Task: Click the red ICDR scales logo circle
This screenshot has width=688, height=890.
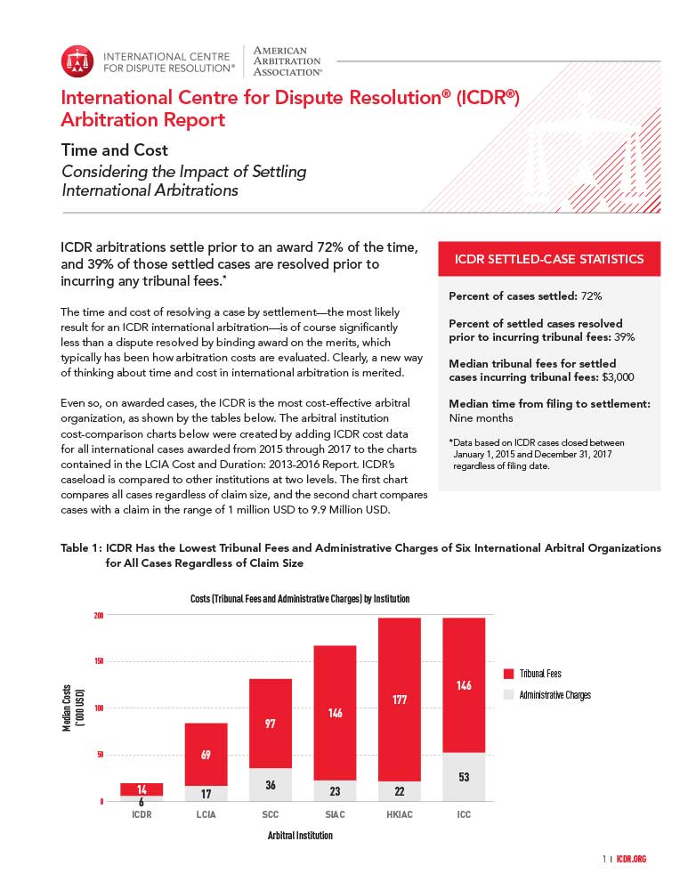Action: click(x=77, y=61)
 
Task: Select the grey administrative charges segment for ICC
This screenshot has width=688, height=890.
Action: click(x=464, y=776)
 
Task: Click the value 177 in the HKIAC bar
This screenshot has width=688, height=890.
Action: click(x=399, y=700)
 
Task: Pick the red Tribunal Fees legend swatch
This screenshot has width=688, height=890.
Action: click(x=508, y=674)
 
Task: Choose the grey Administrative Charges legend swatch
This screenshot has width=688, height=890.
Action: click(x=508, y=695)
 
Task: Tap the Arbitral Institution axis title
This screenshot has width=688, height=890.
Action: click(x=300, y=836)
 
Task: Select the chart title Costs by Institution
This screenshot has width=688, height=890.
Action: click(x=300, y=599)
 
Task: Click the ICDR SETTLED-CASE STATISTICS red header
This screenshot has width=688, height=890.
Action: click(x=548, y=259)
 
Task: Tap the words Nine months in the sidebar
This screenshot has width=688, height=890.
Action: click(x=481, y=417)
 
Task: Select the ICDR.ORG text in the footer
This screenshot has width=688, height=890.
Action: click(x=629, y=859)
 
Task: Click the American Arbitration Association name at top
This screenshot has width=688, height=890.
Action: click(x=288, y=61)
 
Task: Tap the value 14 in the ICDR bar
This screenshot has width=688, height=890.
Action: click(x=142, y=789)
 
